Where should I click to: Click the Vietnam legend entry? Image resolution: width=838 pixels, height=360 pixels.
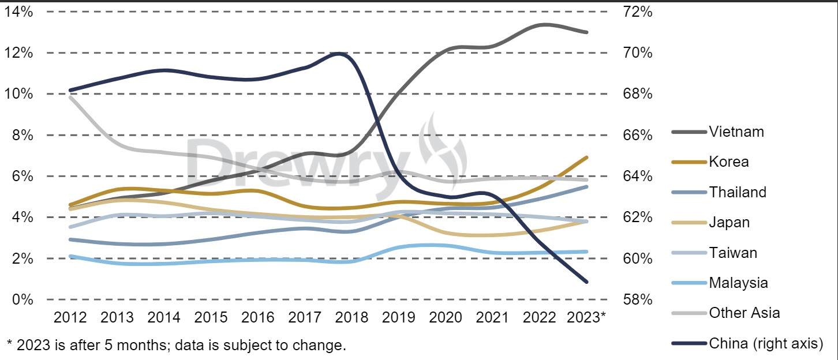pos(736,132)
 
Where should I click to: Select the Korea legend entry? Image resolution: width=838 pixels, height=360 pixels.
pos(729,162)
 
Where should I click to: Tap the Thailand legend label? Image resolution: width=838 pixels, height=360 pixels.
pos(738,192)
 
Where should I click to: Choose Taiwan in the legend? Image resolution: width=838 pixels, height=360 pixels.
pos(733,253)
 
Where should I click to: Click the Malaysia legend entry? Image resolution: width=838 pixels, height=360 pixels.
pos(738,283)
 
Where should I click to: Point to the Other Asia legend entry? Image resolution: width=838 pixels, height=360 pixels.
pos(745,313)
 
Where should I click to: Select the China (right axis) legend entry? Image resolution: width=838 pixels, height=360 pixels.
pos(765,344)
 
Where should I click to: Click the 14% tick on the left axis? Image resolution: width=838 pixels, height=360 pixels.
pos(18,12)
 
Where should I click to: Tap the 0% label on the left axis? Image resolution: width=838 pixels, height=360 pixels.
pos(23,299)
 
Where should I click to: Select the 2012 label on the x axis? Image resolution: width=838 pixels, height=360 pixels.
pos(70,317)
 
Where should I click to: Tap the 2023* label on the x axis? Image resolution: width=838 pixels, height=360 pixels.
pos(586,317)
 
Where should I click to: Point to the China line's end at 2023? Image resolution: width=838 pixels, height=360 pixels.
pos(587,282)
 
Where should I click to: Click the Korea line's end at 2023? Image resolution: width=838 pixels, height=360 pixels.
pos(587,157)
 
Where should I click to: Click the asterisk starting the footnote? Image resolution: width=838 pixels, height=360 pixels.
pos(9,344)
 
